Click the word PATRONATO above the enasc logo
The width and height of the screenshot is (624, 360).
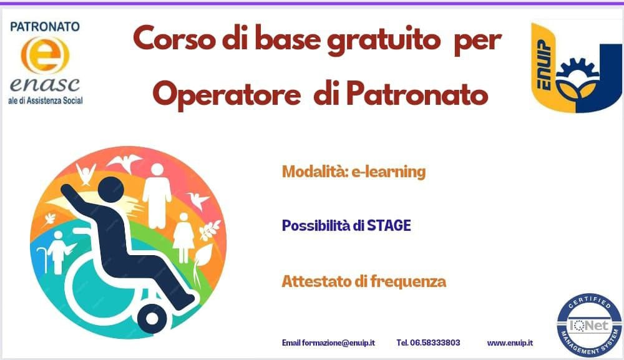click(45, 27)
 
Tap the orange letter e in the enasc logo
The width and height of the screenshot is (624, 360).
click(45, 57)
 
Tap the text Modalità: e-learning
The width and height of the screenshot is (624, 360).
click(353, 172)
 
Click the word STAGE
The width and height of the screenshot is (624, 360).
click(389, 225)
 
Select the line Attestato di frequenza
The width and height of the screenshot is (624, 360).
click(364, 281)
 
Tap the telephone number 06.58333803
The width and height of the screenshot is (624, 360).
click(428, 343)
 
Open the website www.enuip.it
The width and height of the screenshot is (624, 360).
click(510, 343)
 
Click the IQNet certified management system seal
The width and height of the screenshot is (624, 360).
click(590, 325)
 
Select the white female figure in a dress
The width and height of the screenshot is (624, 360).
click(183, 236)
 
